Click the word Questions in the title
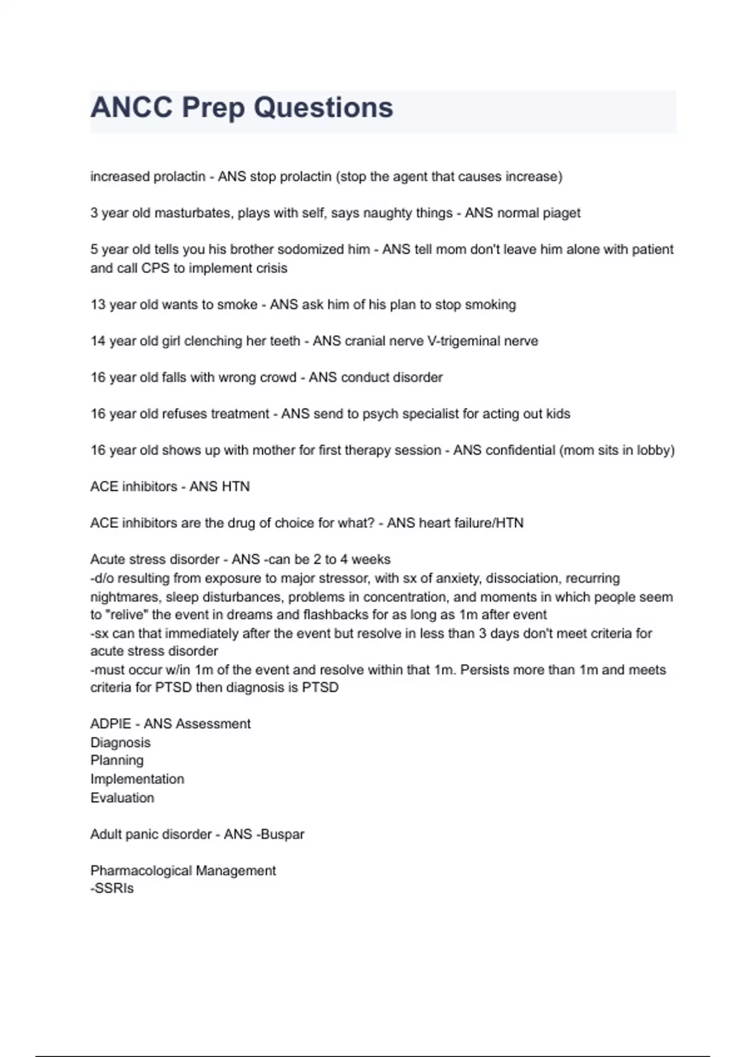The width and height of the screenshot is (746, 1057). [x=323, y=108]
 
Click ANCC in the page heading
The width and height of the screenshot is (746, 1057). [x=131, y=108]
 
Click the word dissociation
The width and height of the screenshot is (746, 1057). [x=522, y=578]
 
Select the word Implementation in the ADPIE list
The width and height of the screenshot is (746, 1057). [x=137, y=779]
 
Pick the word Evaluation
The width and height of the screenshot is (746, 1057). [x=122, y=798]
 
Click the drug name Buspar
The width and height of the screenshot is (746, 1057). [x=282, y=834]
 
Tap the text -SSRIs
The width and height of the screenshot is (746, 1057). [x=112, y=889]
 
